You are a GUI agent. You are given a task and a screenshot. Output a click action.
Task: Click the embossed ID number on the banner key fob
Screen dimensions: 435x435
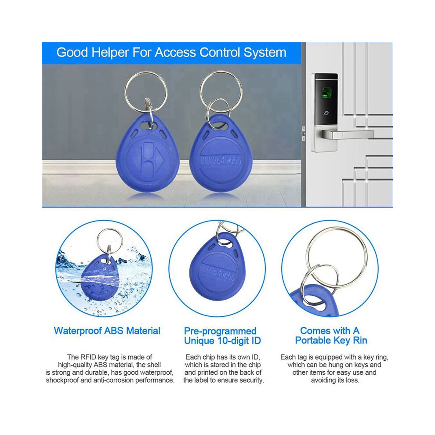[221, 161]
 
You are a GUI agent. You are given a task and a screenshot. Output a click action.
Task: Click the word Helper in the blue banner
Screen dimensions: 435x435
[110, 52]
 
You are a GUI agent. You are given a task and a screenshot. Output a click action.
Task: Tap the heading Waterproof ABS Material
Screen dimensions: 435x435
[107, 331]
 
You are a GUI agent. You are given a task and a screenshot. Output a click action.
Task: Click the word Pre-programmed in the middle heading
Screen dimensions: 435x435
[220, 331]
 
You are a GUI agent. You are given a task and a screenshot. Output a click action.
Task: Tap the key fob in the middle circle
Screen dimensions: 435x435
[216, 268]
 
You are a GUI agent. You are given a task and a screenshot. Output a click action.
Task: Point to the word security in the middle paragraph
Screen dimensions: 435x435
[251, 380]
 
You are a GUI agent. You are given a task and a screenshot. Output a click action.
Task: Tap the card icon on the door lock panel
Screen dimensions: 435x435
[326, 113]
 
